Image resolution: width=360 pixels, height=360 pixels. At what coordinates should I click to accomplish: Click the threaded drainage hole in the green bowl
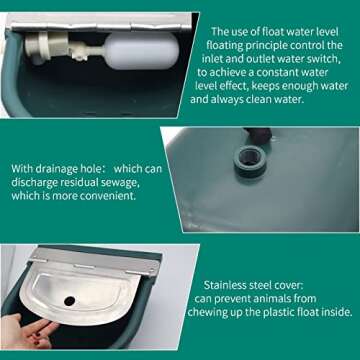[x=244, y=156]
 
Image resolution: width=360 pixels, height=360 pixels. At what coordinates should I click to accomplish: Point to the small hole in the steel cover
[x=69, y=300]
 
